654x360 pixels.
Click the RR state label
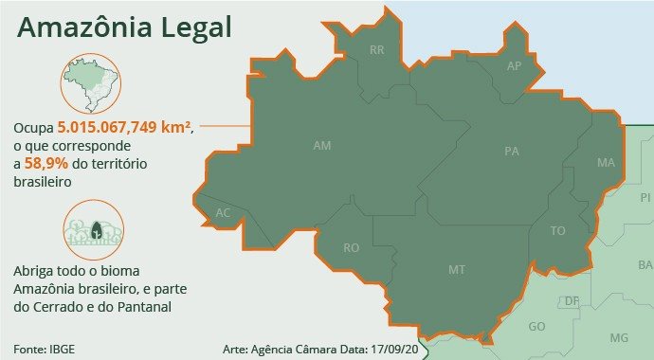click(377, 49)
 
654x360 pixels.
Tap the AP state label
click(515, 66)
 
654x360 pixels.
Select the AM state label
click(322, 146)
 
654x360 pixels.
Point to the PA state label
click(513, 152)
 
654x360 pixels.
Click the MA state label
click(607, 163)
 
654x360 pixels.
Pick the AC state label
click(224, 213)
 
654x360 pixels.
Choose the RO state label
click(352, 248)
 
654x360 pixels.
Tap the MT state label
click(457, 271)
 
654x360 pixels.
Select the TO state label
click(558, 231)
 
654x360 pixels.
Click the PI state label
click(645, 198)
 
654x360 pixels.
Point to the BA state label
click(645, 264)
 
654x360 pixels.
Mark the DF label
click(572, 301)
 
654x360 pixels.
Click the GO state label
click(536, 326)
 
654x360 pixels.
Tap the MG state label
click(619, 338)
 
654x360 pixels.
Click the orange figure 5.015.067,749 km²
click(125, 128)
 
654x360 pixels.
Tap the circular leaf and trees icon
click(94, 231)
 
